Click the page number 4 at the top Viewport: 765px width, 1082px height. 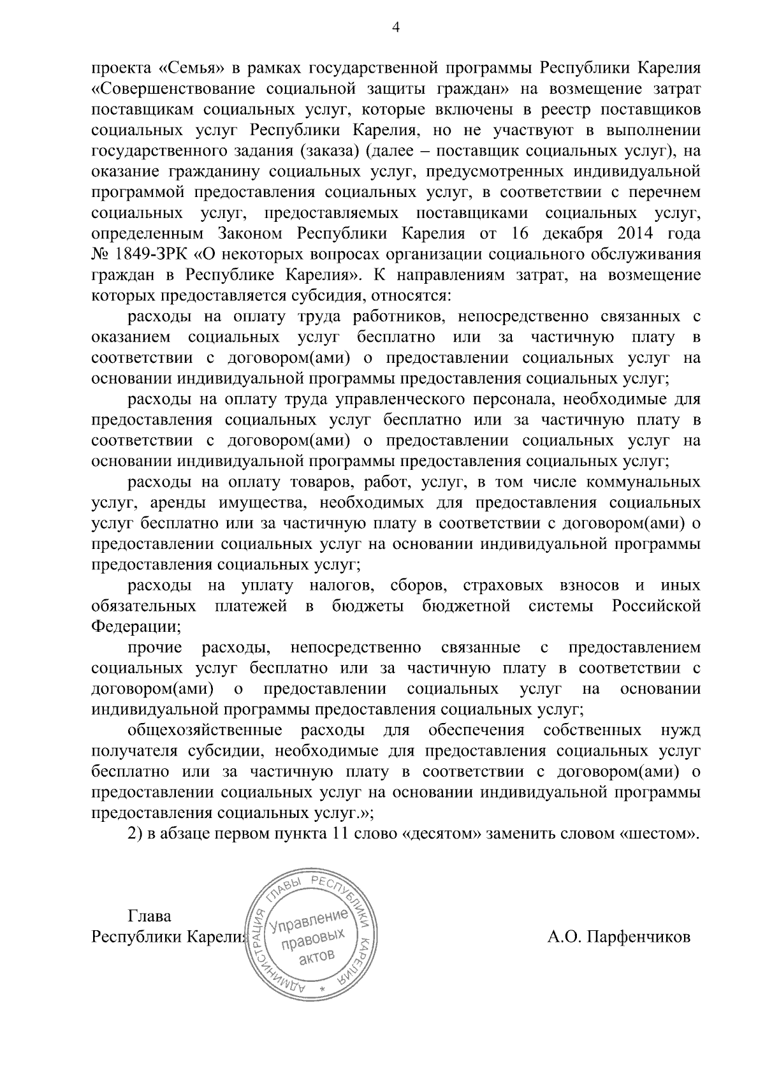382,27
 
